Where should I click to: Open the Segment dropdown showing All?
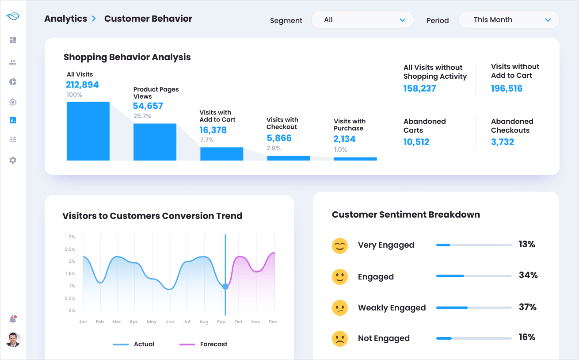362,20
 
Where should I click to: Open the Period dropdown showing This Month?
509,20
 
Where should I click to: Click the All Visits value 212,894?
82,85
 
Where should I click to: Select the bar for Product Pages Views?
155,142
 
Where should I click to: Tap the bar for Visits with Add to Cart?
221,154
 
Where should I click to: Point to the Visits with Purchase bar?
355,159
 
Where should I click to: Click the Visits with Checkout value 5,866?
279,138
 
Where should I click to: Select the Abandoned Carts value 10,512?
416,142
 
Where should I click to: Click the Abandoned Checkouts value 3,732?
503,142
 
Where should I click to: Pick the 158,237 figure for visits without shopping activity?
419,88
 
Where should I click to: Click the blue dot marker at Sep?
225,287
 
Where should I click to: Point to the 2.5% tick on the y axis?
70,249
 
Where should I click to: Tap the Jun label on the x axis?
170,322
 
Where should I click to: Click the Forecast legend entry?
204,344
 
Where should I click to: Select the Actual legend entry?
134,344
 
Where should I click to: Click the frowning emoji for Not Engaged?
339,338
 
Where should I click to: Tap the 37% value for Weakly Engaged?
527,307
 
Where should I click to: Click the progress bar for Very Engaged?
474,245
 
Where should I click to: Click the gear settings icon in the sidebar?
13,160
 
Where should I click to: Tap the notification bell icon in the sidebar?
13,319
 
